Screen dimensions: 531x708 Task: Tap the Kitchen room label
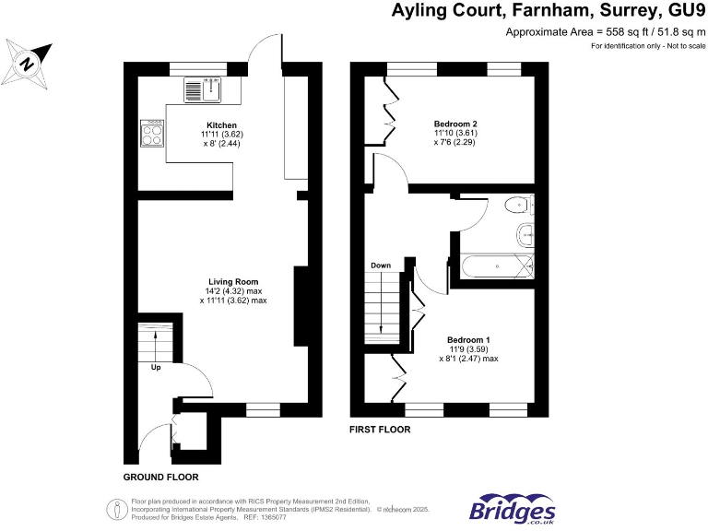[x=221, y=125]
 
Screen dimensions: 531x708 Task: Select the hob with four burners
[x=150, y=135]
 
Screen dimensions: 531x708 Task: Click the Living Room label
[x=232, y=281]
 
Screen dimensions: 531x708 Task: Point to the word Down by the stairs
[x=381, y=265]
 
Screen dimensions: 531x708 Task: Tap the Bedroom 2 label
[x=454, y=124]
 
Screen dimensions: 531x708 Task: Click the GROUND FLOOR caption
[x=160, y=478]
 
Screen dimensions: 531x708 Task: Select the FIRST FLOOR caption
[x=380, y=430]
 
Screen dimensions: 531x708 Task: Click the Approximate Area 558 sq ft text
[x=598, y=32]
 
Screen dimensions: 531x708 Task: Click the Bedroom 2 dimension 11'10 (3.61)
[x=454, y=134]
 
